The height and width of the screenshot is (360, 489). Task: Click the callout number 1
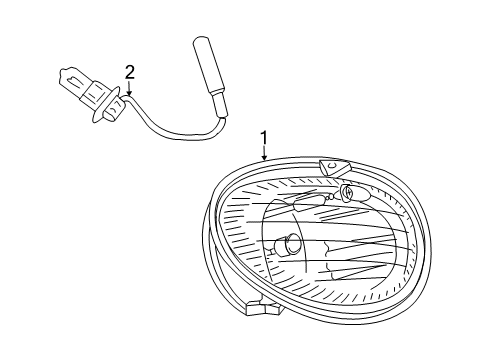click(264, 138)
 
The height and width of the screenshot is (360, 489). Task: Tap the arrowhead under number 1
click(264, 159)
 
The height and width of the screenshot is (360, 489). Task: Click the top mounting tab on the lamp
click(330, 167)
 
